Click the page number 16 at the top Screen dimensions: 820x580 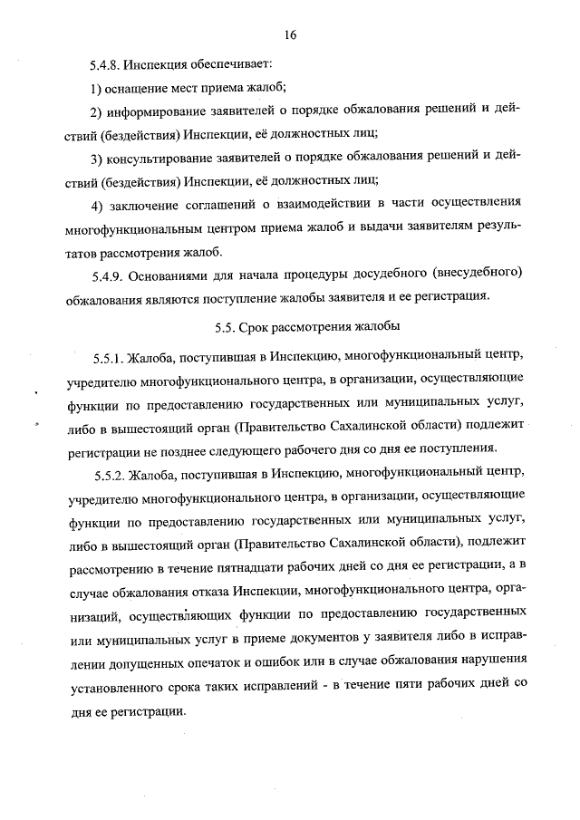[290, 35]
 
